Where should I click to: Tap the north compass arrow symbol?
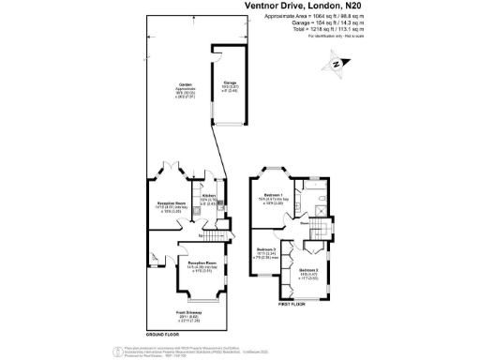tap(334, 64)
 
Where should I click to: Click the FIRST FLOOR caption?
tap(292, 305)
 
